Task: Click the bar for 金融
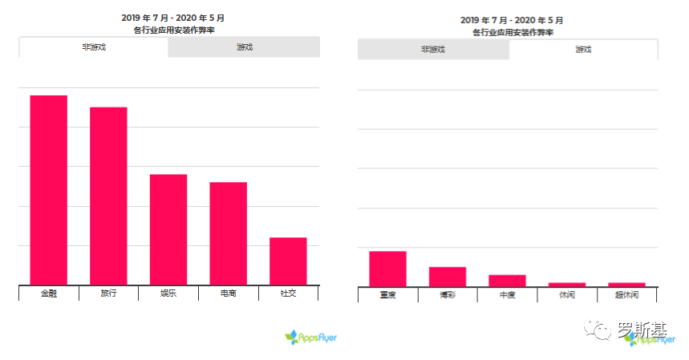pos(48,189)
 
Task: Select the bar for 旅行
pos(108,196)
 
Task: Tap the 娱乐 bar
pos(168,229)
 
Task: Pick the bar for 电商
pos(228,233)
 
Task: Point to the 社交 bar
pos(288,261)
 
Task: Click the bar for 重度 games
pos(387,269)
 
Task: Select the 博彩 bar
pos(448,277)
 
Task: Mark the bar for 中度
pos(507,281)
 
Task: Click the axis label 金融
pos(48,293)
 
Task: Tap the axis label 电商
pos(228,293)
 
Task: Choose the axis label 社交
pos(288,293)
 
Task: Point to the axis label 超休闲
pos(626,295)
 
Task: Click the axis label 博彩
pos(448,295)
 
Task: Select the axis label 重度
pos(387,295)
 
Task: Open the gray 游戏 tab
pos(244,47)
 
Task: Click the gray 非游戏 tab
pos(433,50)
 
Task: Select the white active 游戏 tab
pos(583,50)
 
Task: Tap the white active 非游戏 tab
pos(94,47)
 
